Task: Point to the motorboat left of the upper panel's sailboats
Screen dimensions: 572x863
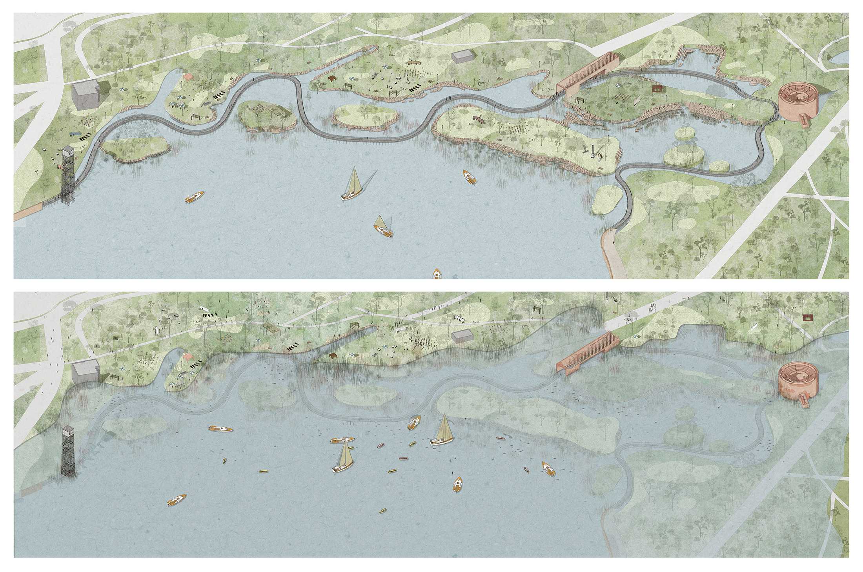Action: pos(195,197)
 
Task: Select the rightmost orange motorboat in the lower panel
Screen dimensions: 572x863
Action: pos(549,469)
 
